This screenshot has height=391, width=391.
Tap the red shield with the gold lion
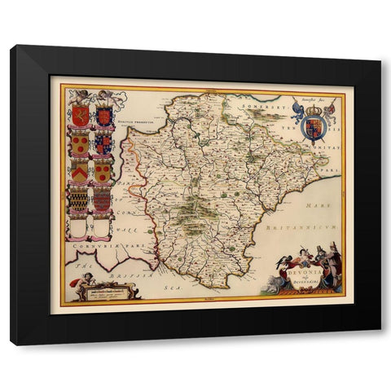point(80,117)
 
